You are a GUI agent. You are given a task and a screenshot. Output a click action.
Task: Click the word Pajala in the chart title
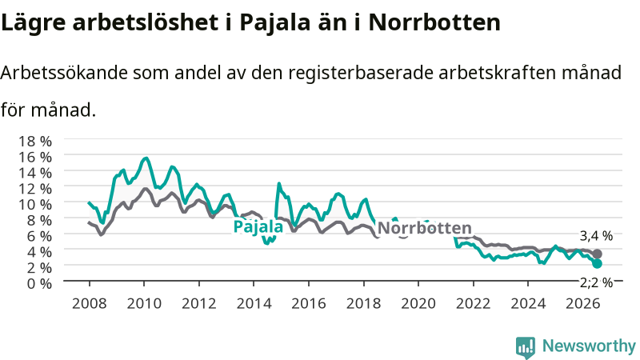pos(274,23)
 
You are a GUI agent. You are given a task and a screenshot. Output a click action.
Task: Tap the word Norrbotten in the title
pos(434,22)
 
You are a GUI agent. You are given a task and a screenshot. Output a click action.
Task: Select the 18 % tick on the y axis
pos(35,142)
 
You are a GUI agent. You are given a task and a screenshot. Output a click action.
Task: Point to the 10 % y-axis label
pos(35,204)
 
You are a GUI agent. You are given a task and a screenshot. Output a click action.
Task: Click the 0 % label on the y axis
pos(39,283)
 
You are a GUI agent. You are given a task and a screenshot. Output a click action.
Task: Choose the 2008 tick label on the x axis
pos(90,304)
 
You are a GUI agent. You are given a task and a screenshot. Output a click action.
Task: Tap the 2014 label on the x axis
pos(254,304)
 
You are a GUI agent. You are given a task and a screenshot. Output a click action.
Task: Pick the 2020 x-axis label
pos(418,304)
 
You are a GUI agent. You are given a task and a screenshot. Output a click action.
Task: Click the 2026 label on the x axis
pos(583,304)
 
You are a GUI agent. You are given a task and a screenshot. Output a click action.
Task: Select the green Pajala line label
pos(258,226)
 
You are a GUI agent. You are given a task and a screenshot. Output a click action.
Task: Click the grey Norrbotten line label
pos(425,228)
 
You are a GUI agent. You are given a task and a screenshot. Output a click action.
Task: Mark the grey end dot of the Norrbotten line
pos(597,254)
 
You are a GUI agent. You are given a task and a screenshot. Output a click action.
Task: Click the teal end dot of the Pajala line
pos(597,264)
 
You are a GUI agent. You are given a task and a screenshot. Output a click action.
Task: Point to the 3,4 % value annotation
pos(596,236)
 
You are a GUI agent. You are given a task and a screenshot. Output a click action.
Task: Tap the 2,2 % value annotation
pos(596,283)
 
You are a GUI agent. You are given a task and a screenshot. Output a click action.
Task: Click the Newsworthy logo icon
pos(526,347)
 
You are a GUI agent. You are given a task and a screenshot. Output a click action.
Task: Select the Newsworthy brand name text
pos(589,346)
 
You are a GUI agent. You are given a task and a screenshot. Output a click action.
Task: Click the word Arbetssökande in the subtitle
pos(64,73)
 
